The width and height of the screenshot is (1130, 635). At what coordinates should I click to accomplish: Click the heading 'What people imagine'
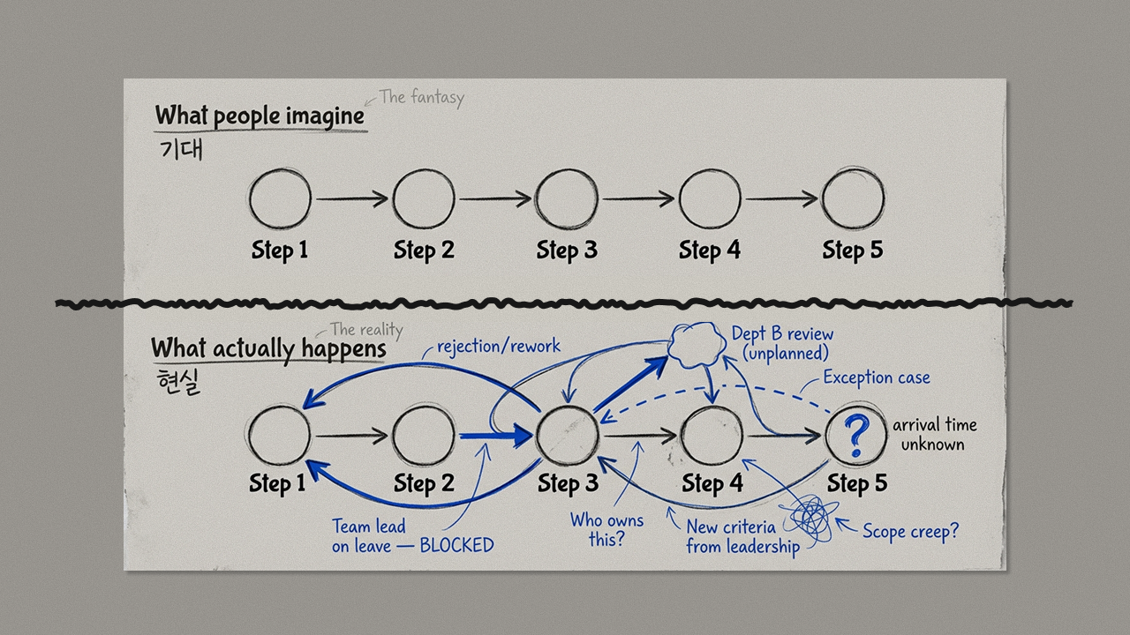[260, 116]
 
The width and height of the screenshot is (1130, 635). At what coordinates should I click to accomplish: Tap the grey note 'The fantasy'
[421, 97]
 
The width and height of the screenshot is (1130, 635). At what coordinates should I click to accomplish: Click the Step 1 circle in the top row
[280, 200]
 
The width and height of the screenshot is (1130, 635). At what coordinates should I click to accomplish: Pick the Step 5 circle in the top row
[852, 199]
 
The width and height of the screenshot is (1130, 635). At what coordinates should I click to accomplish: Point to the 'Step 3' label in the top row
[567, 250]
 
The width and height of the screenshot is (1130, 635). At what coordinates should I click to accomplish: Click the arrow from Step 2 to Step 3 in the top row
[495, 199]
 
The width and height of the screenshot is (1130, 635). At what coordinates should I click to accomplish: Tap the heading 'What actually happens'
[268, 349]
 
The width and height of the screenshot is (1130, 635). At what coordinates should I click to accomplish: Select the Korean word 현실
[176, 382]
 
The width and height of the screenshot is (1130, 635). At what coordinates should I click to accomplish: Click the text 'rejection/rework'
[499, 346]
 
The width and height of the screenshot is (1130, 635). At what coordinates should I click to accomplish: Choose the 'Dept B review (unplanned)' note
[782, 344]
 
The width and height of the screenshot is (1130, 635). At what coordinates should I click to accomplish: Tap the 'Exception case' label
[876, 377]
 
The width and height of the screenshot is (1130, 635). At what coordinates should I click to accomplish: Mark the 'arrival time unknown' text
[934, 435]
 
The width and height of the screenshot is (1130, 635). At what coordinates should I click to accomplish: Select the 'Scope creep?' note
[910, 531]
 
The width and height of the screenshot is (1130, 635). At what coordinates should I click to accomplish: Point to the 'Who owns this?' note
[606, 529]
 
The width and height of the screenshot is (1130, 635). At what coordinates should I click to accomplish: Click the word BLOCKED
[456, 545]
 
